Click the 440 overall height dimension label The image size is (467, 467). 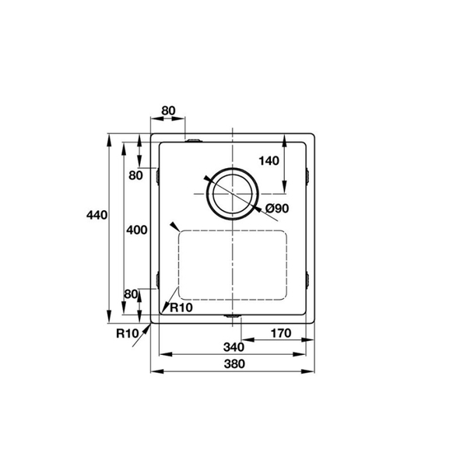click(97, 214)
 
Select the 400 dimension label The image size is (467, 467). click(136, 230)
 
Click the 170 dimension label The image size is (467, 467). click(280, 333)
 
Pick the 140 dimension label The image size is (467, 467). click(269, 161)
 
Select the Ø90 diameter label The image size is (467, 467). click(277, 209)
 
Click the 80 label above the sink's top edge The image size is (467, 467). click(167, 111)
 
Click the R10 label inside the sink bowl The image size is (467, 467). click(181, 307)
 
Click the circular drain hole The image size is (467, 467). click(232, 193)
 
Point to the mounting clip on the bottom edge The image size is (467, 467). click(232, 317)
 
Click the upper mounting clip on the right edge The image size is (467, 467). click(309, 177)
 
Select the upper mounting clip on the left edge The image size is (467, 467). click(158, 177)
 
